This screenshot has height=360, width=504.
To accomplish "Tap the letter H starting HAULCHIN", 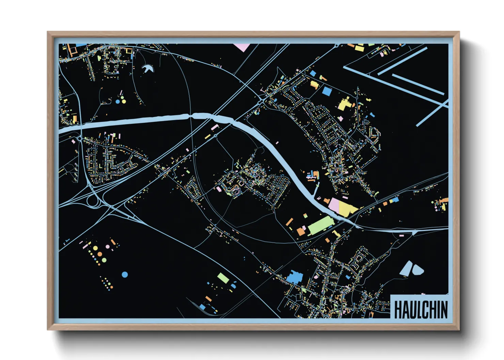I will tap(398, 309).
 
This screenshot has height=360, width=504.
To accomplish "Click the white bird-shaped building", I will tap(148, 69).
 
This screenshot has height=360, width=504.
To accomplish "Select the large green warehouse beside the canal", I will tap(320, 226).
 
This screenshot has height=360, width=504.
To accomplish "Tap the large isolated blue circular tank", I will tap(125, 275).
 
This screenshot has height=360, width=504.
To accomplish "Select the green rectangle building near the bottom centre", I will tap(223, 278).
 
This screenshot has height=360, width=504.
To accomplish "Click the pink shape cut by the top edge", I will tap(241, 47).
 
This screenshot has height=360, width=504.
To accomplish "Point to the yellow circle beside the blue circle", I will tap(124, 101).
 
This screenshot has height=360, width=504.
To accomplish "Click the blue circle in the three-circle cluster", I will tap(118, 101).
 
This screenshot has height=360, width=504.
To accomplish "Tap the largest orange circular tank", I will tap(99, 254).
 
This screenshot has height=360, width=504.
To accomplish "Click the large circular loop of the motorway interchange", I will tap(93, 201).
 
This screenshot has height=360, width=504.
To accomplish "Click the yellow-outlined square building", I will tap(129, 51).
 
